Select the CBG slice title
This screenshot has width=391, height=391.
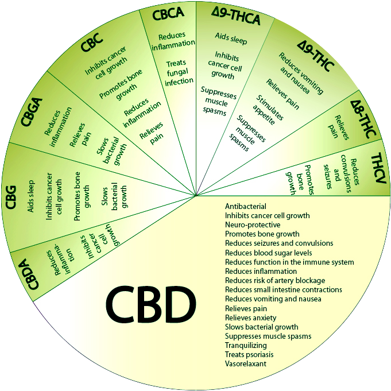[11, 197]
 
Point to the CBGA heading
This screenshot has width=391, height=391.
[32, 112]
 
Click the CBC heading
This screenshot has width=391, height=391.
[92, 42]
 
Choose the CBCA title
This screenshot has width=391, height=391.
[168, 14]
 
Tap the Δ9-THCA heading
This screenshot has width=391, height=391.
[235, 17]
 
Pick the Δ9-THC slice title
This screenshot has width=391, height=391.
[315, 56]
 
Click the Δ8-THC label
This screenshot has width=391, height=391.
[363, 119]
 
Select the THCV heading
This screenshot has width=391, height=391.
[378, 169]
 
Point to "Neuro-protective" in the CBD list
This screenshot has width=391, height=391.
[253, 224]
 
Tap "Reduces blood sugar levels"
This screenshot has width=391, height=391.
[268, 253]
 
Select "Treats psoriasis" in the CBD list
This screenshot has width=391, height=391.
[249, 354]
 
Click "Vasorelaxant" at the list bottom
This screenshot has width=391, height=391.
[246, 363]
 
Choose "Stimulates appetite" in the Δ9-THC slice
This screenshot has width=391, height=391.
[268, 110]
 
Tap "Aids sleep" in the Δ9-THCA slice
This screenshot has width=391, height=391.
[231, 38]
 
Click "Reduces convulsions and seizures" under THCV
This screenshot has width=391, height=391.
[341, 174]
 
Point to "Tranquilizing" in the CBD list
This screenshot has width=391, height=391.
[246, 346]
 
